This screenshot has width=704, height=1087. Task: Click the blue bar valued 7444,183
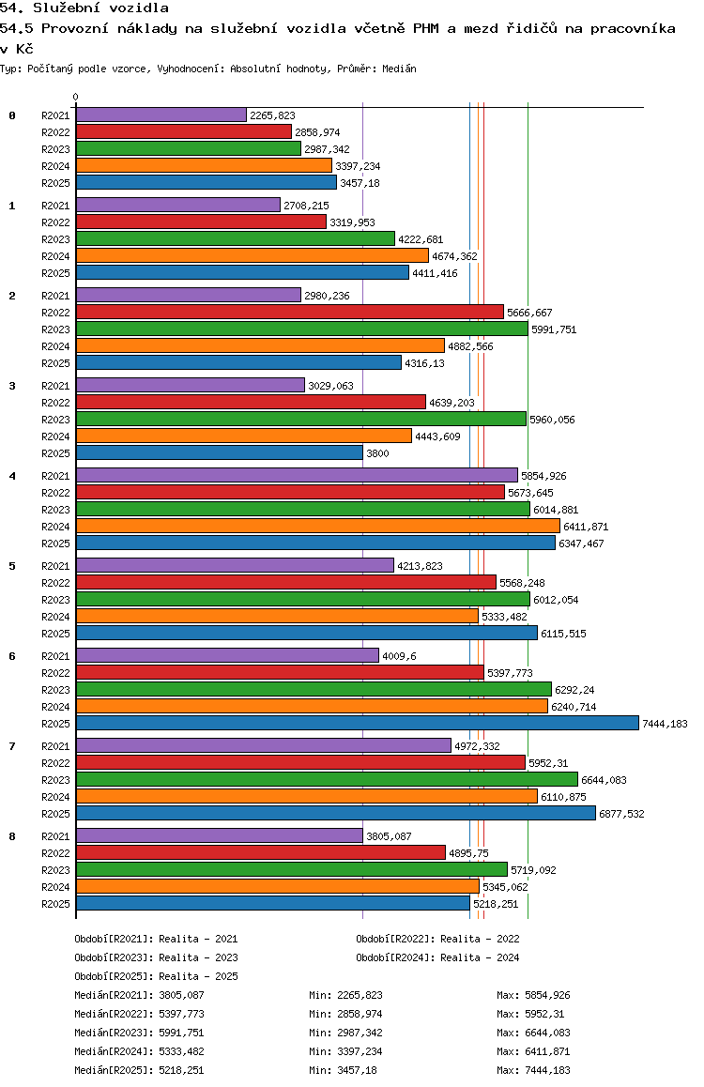(357, 723)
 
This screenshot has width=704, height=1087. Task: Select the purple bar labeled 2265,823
(161, 115)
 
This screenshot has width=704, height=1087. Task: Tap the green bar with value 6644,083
(327, 779)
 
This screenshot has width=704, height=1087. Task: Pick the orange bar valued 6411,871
(317, 526)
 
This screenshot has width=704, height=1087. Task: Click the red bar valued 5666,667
(289, 312)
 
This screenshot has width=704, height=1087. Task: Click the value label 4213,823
(420, 566)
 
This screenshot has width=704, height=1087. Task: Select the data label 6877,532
(621, 814)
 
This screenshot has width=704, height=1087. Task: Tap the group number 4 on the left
(12, 476)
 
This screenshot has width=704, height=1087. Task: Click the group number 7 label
(12, 746)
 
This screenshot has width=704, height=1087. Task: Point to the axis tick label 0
(76, 98)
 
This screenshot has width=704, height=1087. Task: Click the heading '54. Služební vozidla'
(84, 8)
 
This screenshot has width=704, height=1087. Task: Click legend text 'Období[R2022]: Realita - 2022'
(437, 939)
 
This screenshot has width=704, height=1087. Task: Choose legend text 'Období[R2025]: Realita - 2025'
(156, 976)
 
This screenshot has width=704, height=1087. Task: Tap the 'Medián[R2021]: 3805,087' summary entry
(139, 995)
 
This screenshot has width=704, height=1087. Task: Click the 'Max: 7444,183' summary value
(533, 1070)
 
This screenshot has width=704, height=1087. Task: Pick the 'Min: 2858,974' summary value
(345, 1014)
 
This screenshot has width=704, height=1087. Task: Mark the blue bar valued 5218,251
(272, 903)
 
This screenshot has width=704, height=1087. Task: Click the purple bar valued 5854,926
(297, 475)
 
